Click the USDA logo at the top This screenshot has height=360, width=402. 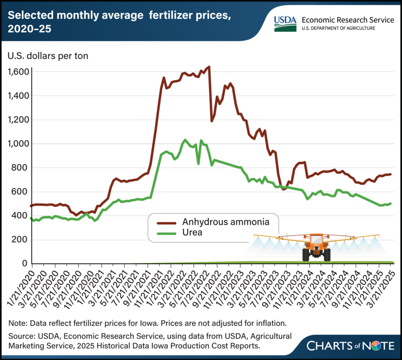pyautogui.click(x=284, y=24)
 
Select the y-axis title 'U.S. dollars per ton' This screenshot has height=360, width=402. pyautogui.click(x=48, y=55)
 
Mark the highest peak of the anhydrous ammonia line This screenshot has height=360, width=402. pyautogui.click(x=209, y=67)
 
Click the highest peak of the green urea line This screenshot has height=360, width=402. pyautogui.click(x=185, y=140)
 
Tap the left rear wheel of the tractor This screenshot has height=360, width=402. pyautogui.click(x=306, y=254)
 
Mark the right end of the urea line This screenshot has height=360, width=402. pyautogui.click(x=391, y=203)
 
